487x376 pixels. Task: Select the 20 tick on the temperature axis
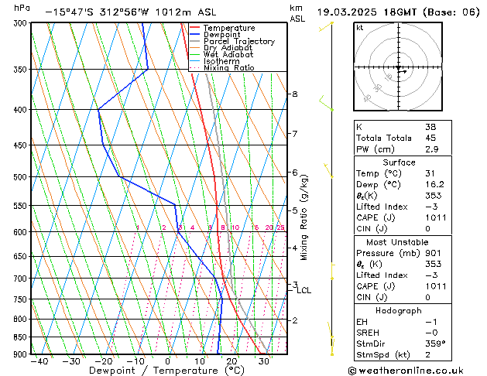tap(231, 361)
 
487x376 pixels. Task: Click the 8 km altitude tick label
tap(294, 94)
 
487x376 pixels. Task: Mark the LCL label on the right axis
tap(304, 291)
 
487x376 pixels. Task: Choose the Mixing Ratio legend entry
tap(228, 68)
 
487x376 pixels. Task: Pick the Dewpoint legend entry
tap(221, 35)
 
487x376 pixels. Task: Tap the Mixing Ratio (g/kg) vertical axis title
tap(304, 217)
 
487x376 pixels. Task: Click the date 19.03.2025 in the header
tap(346, 12)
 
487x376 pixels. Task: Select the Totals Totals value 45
tap(430, 138)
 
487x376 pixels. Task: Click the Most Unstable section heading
tap(400, 242)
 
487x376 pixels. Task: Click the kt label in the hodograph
tap(359, 28)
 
